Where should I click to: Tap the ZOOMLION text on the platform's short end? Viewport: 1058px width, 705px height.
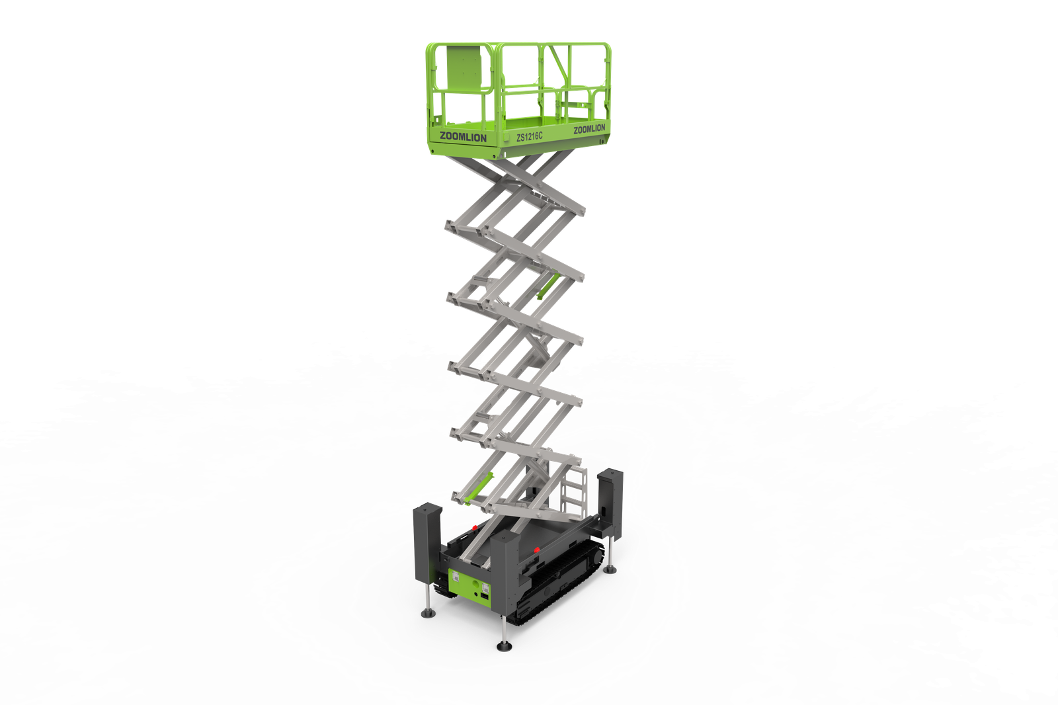coord(463,138)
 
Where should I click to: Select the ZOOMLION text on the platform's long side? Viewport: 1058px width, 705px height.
coord(589,129)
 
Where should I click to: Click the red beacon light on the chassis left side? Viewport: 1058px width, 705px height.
coord(474,527)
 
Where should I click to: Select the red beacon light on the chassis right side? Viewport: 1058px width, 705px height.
coord(536,549)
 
